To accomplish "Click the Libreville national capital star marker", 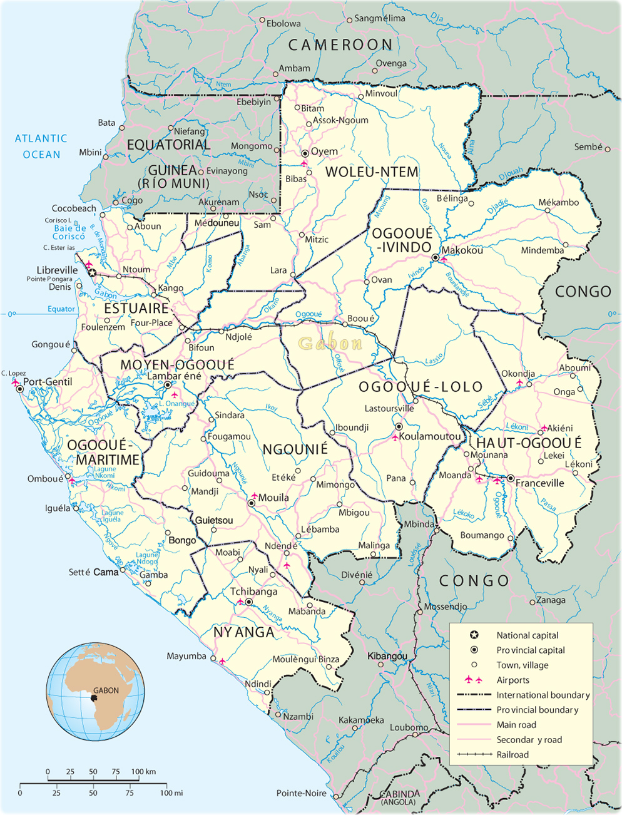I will pyautogui.click(x=93, y=273).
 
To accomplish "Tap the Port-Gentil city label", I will pyautogui.click(x=48, y=382).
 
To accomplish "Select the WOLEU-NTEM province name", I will pyautogui.click(x=372, y=172).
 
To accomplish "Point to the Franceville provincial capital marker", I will pyautogui.click(x=511, y=479).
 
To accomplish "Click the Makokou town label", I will pyautogui.click(x=462, y=250).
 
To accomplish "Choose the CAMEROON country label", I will pyautogui.click(x=340, y=44).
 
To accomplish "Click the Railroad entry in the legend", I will pyautogui.click(x=512, y=755).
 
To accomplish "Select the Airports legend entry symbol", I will pyautogui.click(x=472, y=680).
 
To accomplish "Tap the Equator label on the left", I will pyautogui.click(x=61, y=309).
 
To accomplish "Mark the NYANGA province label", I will pyautogui.click(x=244, y=632).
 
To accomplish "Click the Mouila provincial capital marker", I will pyautogui.click(x=252, y=503).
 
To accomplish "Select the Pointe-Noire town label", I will pyautogui.click(x=302, y=793).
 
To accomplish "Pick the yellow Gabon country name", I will pyautogui.click(x=330, y=343).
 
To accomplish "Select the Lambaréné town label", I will pyautogui.click(x=174, y=376).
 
